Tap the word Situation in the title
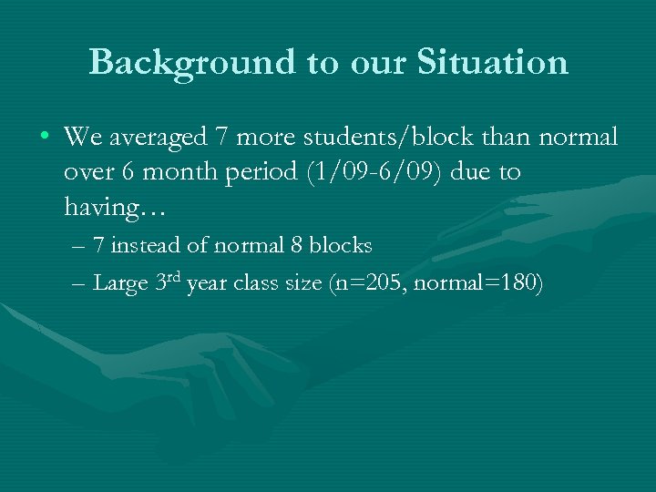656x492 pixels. click(x=493, y=62)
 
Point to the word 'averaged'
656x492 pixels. click(x=160, y=138)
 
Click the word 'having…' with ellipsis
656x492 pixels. click(x=102, y=208)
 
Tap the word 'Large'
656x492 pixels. click(x=120, y=284)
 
